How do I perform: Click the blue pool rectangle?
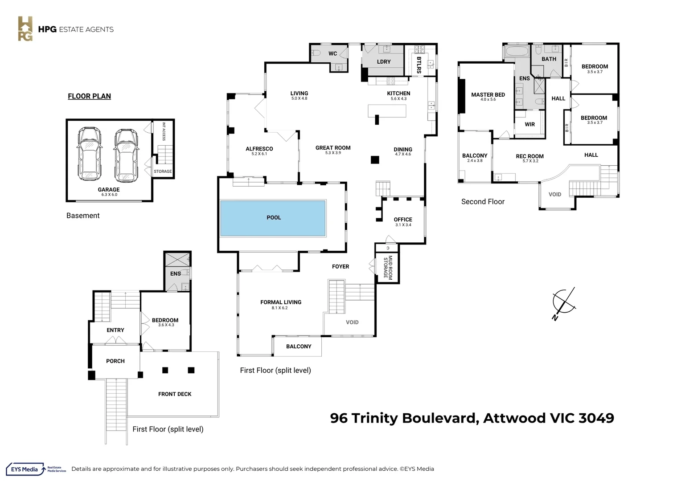(x=273, y=218)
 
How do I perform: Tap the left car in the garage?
(x=89, y=154)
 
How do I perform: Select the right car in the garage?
(x=126, y=155)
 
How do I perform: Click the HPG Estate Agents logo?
(x=66, y=29)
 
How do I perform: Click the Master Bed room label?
(x=488, y=95)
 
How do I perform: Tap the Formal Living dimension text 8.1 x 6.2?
(x=280, y=308)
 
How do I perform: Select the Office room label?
(x=403, y=220)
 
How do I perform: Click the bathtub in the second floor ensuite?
(x=517, y=51)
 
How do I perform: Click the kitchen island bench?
(x=387, y=111)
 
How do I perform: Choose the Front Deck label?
(x=175, y=394)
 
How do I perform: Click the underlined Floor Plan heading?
(x=90, y=96)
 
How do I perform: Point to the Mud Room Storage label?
(x=388, y=267)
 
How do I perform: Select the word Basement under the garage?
(x=83, y=216)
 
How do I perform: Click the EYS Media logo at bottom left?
(x=36, y=469)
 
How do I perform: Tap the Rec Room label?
(x=529, y=156)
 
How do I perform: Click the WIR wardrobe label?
(x=529, y=124)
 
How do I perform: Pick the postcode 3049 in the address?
(x=596, y=418)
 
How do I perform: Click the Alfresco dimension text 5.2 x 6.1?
(x=259, y=154)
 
